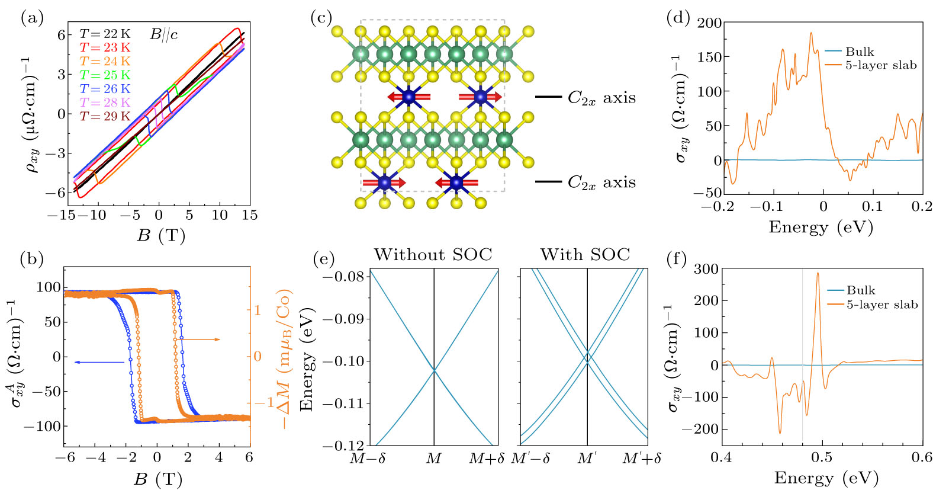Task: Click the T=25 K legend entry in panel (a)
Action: [x=105, y=75]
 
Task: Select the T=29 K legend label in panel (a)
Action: [x=105, y=117]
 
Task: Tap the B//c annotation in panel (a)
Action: [x=164, y=34]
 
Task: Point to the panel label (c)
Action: [x=321, y=18]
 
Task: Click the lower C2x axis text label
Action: [x=601, y=182]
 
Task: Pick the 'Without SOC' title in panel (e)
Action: [x=433, y=255]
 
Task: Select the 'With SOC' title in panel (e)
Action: [x=585, y=255]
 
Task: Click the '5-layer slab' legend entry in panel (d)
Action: [x=880, y=65]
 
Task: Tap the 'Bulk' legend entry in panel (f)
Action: [x=860, y=290]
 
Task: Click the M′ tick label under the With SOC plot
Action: [x=587, y=458]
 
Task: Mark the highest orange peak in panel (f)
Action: [x=818, y=273]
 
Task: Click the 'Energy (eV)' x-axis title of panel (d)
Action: [x=821, y=227]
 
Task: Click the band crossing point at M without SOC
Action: [x=435, y=370]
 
